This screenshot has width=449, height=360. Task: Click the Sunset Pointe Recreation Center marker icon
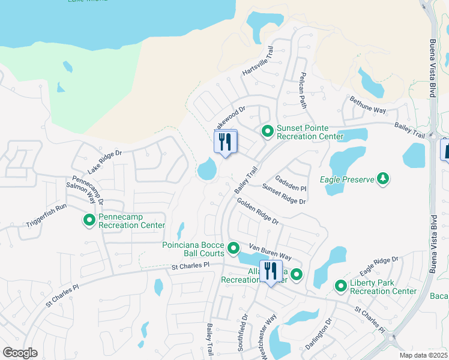(x=267, y=130)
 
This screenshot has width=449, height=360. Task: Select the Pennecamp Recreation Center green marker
(x=89, y=220)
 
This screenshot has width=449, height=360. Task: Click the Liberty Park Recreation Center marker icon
(x=341, y=286)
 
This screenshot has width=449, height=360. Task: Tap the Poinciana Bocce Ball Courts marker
(x=234, y=248)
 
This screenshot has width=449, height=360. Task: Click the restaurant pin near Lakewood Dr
(x=226, y=143)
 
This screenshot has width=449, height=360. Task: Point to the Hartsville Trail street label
(x=258, y=62)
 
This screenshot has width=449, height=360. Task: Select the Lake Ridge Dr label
(x=104, y=162)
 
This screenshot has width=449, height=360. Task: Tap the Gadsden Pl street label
(x=291, y=184)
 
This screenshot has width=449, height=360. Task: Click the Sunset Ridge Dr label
(x=283, y=198)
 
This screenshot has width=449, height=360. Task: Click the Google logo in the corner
(x=20, y=353)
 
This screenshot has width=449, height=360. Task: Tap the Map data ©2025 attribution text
(x=423, y=355)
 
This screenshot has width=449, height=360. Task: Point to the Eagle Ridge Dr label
(x=379, y=267)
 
